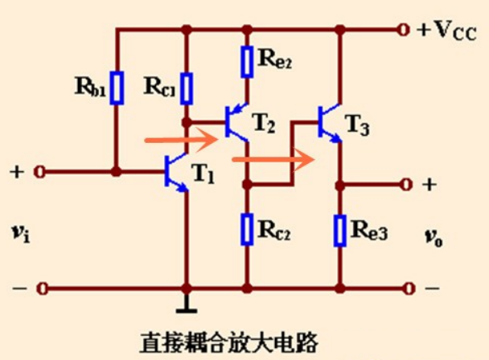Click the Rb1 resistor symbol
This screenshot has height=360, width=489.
[x=117, y=88]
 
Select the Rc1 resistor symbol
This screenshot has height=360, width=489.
[x=187, y=88]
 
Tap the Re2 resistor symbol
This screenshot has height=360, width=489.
[x=249, y=59]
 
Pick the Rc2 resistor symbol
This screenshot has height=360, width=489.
[x=249, y=229]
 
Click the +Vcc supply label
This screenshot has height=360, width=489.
[x=447, y=31]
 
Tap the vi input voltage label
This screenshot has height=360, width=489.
[x=18, y=232]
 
